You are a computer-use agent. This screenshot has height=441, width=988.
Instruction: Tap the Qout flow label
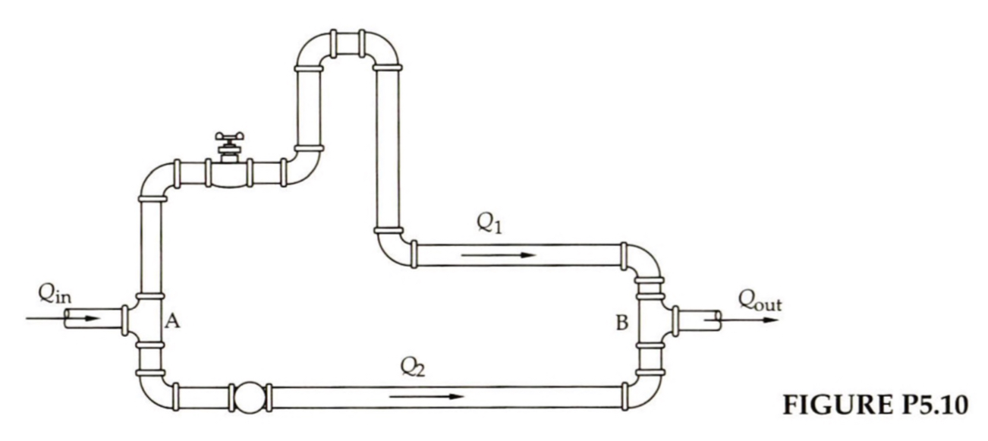click(760, 301)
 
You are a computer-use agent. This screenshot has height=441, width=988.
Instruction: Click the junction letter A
click(172, 323)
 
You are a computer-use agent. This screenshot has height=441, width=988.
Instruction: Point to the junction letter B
click(621, 324)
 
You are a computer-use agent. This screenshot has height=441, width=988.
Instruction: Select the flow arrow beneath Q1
click(498, 255)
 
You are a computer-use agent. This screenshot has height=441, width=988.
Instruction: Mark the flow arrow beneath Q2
click(424, 396)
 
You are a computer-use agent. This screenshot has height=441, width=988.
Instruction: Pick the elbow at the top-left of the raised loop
click(312, 51)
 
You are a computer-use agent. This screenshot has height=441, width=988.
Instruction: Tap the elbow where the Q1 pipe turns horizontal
click(392, 248)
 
